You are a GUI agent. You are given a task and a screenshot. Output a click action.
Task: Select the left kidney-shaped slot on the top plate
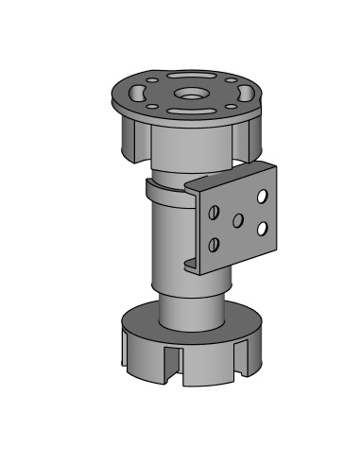138,93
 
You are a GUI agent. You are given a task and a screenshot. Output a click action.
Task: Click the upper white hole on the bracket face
262,196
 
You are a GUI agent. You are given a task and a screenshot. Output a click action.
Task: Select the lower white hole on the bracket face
261,228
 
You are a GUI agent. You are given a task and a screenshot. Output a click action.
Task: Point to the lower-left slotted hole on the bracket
214,245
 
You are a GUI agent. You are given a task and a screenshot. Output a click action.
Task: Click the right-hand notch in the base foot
248,356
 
